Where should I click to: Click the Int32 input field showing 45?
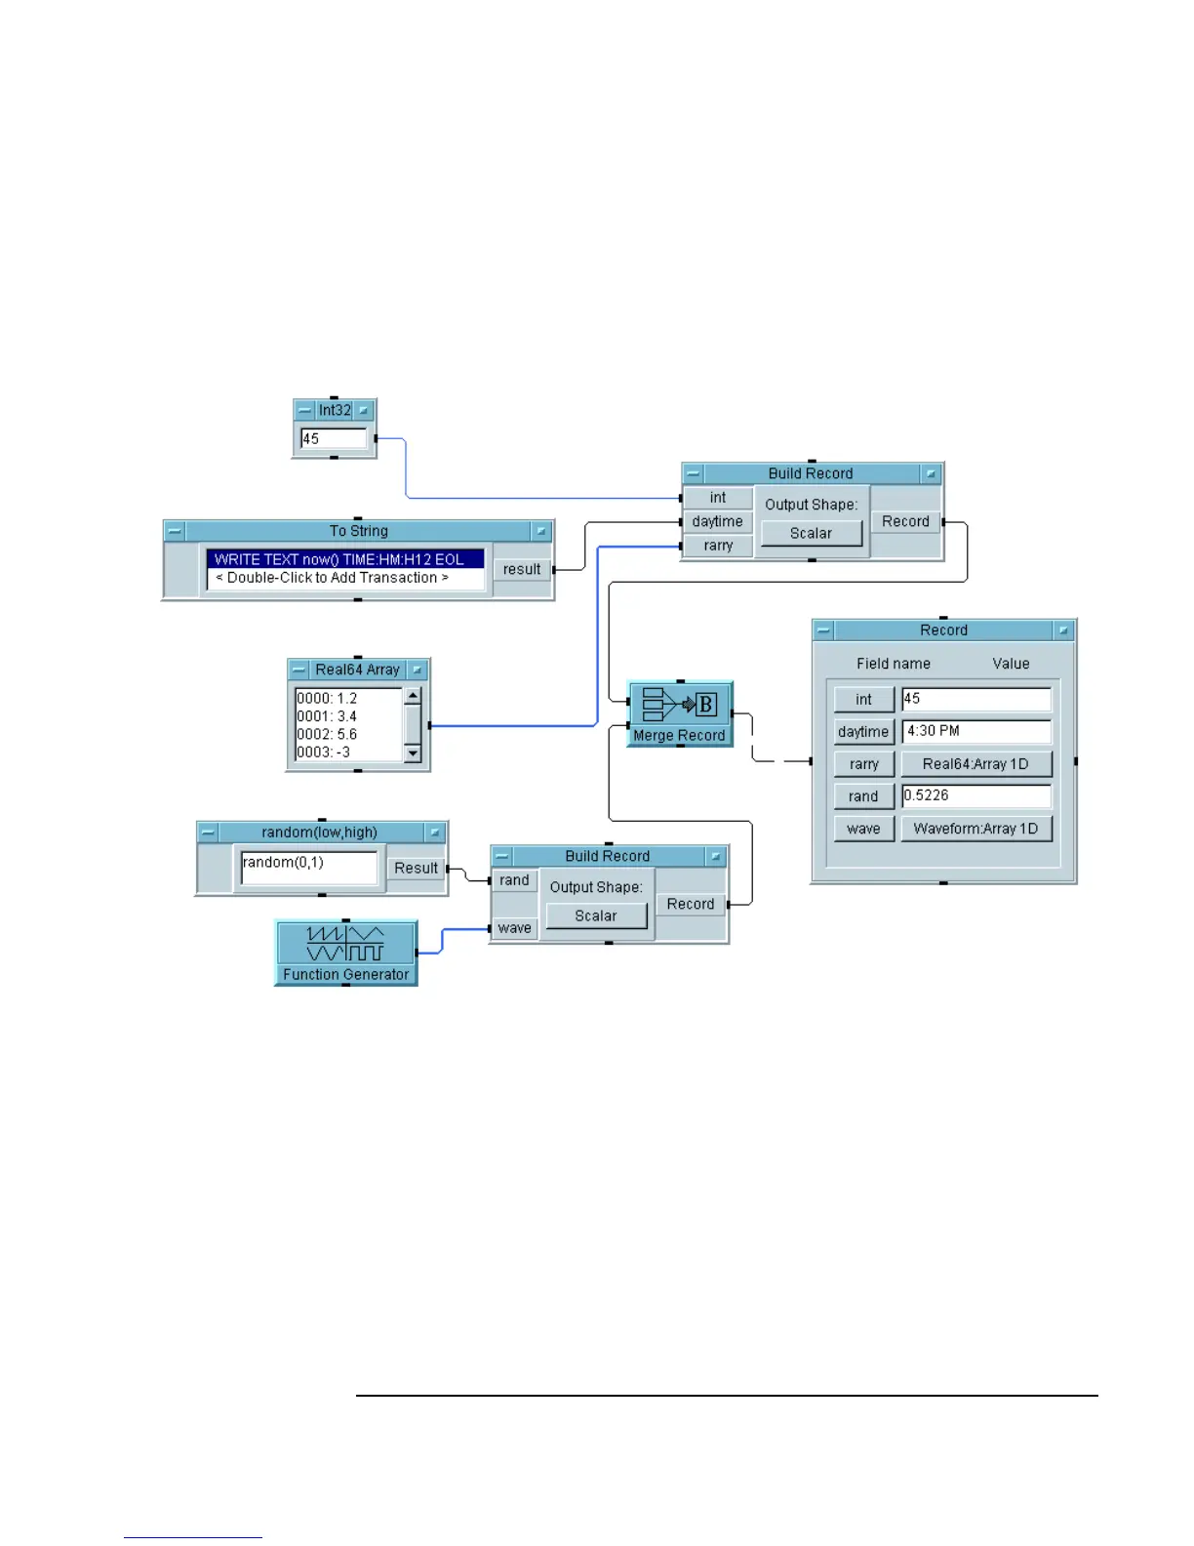point(334,439)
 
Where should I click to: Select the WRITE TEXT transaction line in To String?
point(345,559)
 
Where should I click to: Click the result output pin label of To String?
point(522,569)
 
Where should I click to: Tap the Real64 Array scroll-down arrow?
point(413,753)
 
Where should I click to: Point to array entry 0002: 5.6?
point(328,734)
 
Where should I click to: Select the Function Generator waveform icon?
point(345,944)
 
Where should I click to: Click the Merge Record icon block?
point(680,704)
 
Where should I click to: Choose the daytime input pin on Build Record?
point(717,522)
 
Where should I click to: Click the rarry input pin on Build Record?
point(718,546)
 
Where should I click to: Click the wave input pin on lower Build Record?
point(514,928)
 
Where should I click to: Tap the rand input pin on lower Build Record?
point(514,880)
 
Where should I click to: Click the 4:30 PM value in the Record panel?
point(976,731)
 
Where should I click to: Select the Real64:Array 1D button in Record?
point(976,764)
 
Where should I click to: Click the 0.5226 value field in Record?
point(976,795)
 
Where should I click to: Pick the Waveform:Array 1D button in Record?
point(976,829)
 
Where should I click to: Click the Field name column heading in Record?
point(893,664)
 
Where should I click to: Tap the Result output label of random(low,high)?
point(417,868)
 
